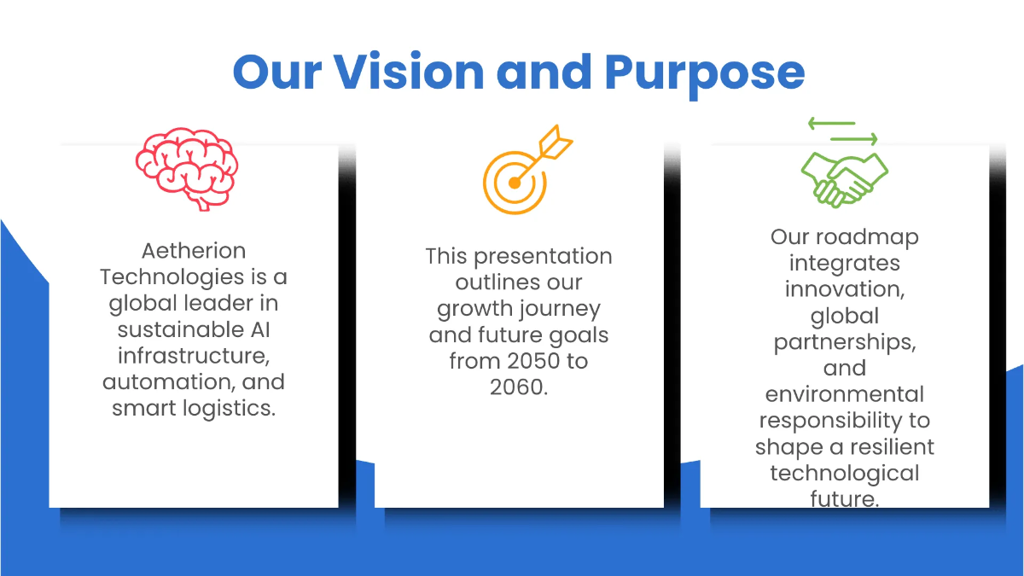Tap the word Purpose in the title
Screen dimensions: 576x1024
point(705,73)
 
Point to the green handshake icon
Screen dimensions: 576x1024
point(843,178)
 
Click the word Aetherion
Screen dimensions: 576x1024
point(194,251)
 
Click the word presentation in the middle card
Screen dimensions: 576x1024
point(542,256)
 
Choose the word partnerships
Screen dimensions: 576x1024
point(843,342)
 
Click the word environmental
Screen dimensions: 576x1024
point(844,394)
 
